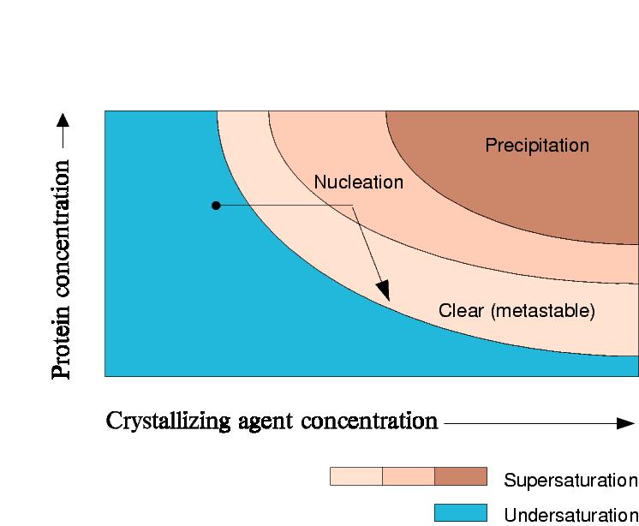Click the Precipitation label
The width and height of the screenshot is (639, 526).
[537, 146]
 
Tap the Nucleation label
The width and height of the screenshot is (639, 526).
[358, 182]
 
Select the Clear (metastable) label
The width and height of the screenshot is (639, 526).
[516, 311]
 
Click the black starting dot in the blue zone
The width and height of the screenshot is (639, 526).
[216, 205]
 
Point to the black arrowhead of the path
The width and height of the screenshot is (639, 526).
[384, 291]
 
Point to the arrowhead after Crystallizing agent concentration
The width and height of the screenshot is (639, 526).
[625, 422]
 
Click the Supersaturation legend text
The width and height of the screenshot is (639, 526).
[570, 480]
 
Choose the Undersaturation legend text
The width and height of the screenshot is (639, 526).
[570, 515]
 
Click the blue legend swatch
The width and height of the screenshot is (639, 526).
[460, 512]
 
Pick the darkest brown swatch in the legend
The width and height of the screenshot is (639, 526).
[460, 476]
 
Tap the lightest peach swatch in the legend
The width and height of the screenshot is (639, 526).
[355, 476]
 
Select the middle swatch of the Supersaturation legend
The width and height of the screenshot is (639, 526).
[408, 476]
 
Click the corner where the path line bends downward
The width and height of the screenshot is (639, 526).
[353, 205]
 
